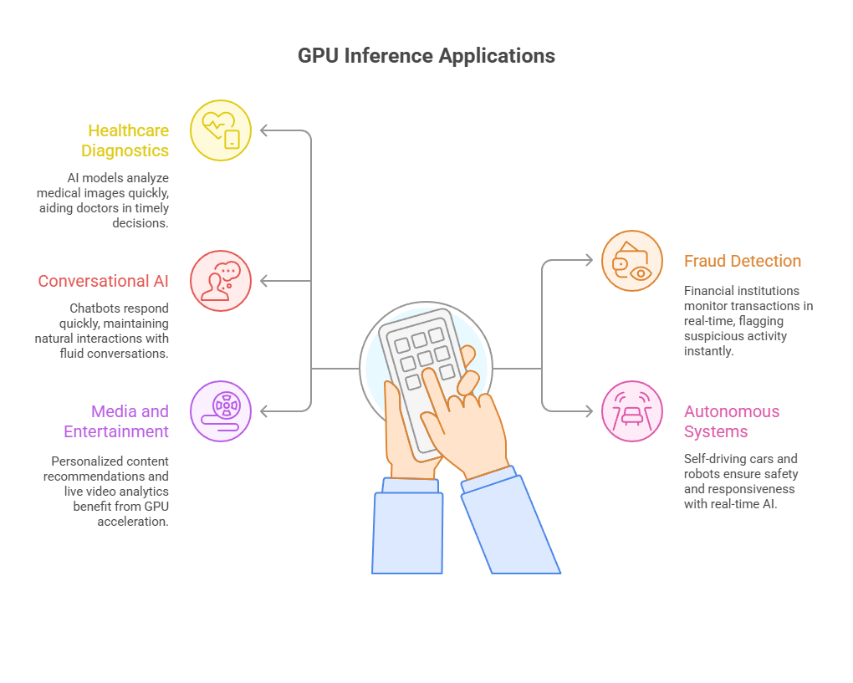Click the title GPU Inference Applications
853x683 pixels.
click(426, 56)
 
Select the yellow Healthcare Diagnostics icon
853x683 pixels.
click(221, 130)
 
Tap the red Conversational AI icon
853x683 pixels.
click(221, 281)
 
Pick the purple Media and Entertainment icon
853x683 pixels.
click(221, 411)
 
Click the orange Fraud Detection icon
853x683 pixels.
click(632, 261)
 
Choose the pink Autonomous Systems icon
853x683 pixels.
click(632, 411)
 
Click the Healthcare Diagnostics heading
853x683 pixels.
click(125, 140)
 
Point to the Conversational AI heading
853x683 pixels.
click(103, 281)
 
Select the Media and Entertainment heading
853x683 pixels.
click(116, 421)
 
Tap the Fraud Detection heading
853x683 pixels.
click(743, 261)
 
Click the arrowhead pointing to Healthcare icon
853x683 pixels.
click(265, 130)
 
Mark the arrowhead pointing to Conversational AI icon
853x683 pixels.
click(265, 281)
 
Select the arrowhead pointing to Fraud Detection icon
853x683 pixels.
click(588, 261)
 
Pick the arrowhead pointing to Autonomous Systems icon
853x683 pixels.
click(588, 411)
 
